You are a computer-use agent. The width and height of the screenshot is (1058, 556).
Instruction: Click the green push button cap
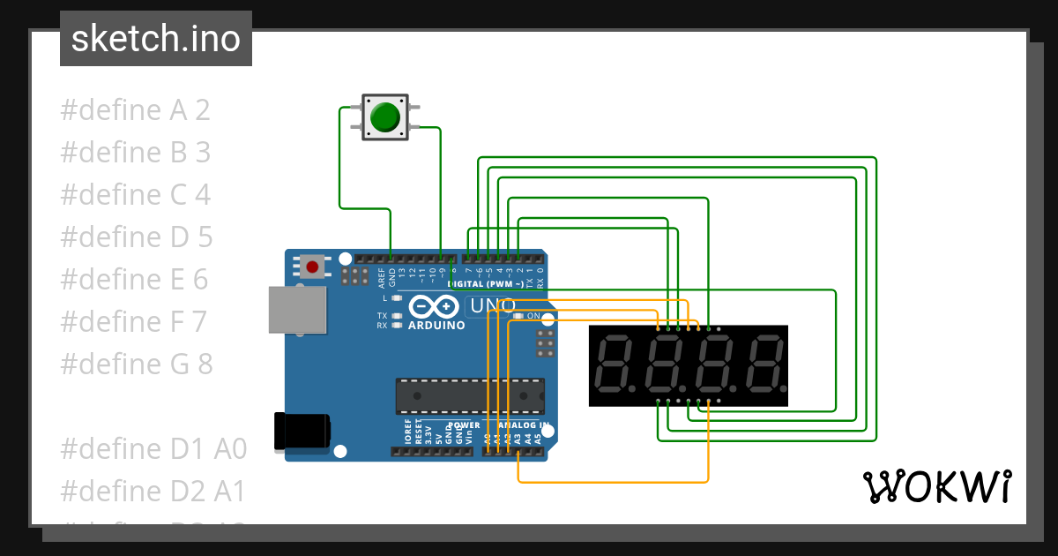(x=384, y=117)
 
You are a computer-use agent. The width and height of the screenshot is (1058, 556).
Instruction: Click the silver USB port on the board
(x=295, y=309)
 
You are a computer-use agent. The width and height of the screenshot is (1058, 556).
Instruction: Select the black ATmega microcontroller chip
(x=469, y=395)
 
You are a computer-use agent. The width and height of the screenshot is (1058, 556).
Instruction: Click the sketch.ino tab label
(x=156, y=39)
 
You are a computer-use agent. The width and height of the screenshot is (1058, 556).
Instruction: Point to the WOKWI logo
(x=936, y=486)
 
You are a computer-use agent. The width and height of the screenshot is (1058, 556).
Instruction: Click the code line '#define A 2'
(x=135, y=110)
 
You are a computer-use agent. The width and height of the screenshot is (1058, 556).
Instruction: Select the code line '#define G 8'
(x=137, y=364)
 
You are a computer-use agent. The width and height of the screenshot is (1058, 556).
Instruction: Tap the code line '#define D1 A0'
(x=153, y=448)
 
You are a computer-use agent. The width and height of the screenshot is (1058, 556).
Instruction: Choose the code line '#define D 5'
(x=137, y=237)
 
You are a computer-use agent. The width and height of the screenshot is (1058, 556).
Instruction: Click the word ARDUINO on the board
(x=436, y=325)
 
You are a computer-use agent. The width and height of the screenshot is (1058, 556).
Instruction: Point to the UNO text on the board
(x=492, y=305)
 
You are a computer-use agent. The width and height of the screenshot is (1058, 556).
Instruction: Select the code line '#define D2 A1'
(x=153, y=491)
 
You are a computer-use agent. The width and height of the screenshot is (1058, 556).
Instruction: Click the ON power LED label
(x=533, y=316)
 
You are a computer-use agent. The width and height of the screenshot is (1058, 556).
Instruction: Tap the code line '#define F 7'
(x=133, y=321)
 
